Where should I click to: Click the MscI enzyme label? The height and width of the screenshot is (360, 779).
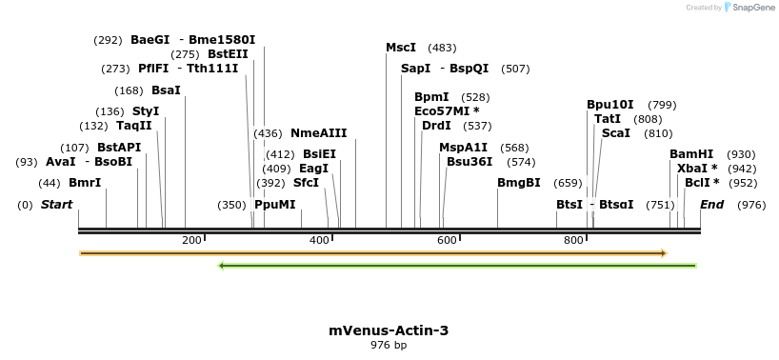401,48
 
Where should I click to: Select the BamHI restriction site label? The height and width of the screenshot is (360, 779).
691,154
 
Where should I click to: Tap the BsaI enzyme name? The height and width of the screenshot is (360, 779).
166,90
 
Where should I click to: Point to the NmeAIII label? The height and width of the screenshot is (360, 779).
319,133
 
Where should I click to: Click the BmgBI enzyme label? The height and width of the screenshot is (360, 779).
518,183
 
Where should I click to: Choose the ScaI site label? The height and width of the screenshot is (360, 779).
615,133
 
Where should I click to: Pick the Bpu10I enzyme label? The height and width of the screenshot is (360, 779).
610,105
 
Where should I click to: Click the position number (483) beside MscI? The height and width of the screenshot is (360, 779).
442,48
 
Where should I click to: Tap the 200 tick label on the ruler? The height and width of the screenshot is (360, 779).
191,240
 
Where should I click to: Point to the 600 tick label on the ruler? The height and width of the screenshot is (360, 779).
447,240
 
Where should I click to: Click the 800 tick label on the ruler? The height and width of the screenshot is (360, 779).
573,240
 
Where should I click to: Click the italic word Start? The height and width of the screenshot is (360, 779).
56,205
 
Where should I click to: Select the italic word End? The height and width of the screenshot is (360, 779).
711,205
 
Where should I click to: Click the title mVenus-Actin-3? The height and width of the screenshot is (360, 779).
389,330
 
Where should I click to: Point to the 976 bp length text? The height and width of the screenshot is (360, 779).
389,345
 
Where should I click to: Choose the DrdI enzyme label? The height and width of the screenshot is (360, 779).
436,126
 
